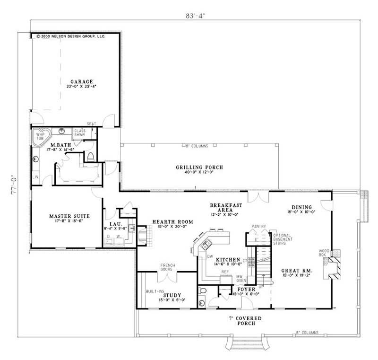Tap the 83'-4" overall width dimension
click(x=195, y=15)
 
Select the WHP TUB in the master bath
click(x=39, y=136)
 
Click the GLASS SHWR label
click(x=79, y=132)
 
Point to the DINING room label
click(x=301, y=207)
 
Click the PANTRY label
click(x=258, y=226)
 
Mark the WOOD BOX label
click(x=324, y=252)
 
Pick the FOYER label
click(x=246, y=289)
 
